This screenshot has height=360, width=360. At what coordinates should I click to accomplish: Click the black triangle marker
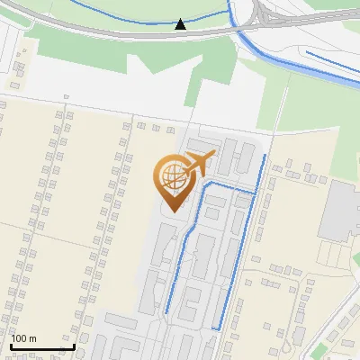click(x=181, y=24)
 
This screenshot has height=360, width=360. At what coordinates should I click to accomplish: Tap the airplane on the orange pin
click(x=197, y=166)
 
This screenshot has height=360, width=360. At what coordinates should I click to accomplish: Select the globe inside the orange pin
click(x=172, y=176)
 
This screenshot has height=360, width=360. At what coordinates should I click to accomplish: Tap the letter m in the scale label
click(x=34, y=339)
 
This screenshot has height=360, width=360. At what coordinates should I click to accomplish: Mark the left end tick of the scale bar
click(x=11, y=346)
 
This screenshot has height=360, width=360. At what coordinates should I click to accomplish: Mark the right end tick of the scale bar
click(x=74, y=346)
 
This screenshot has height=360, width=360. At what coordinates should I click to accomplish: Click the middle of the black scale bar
click(x=42, y=347)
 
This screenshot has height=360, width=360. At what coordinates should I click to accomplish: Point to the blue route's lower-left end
click(x=166, y=312)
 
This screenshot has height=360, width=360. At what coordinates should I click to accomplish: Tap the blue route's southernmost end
click(x=215, y=328)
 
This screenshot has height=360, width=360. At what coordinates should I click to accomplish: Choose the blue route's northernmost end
click(x=264, y=157)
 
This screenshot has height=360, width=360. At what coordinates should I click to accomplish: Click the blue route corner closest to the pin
click(x=207, y=184)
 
